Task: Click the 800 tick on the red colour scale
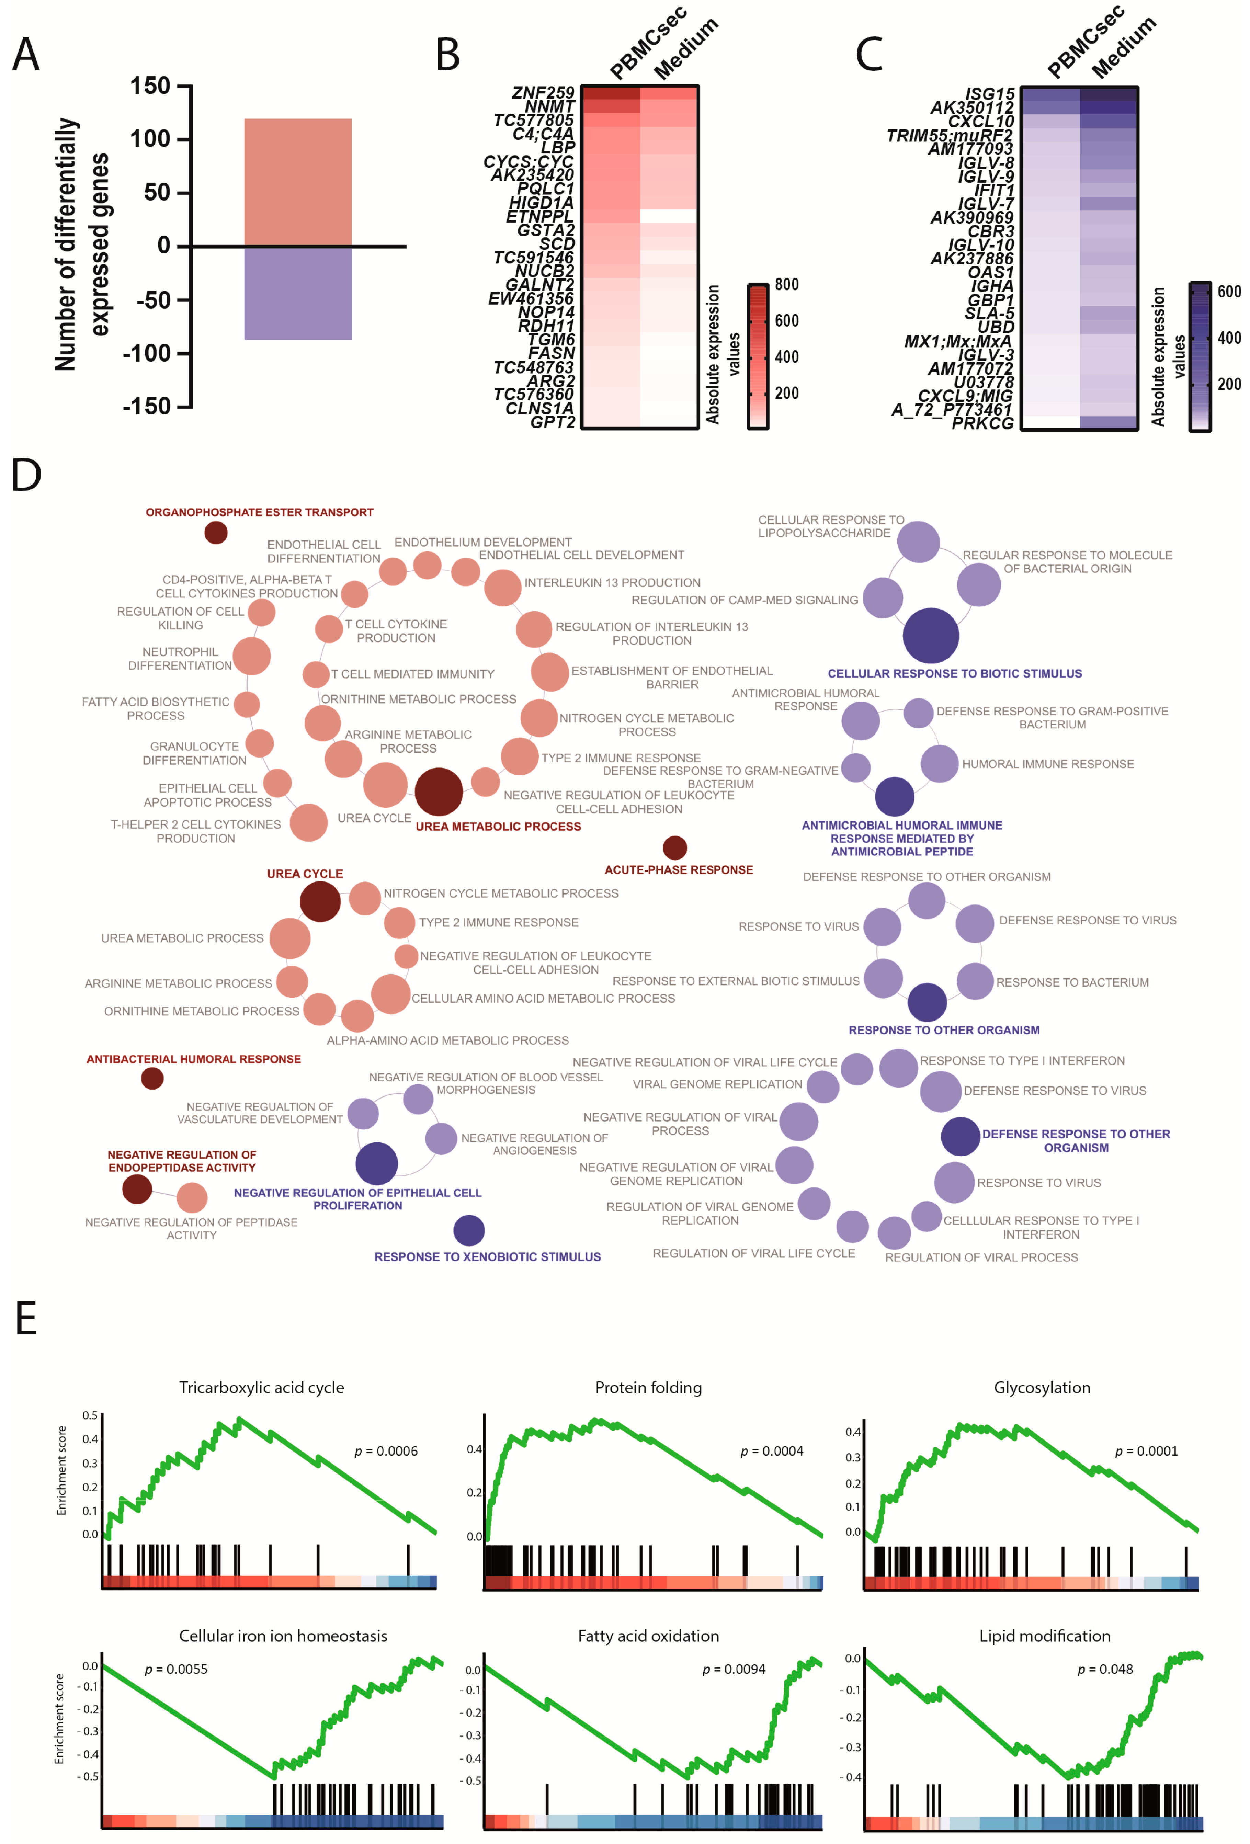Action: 786,284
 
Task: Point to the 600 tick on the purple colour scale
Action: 1229,291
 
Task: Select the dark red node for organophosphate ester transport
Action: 216,532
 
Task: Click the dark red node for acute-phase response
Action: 674,847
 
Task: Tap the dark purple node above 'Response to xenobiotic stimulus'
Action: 469,1230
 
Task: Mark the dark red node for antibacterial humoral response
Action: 152,1078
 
